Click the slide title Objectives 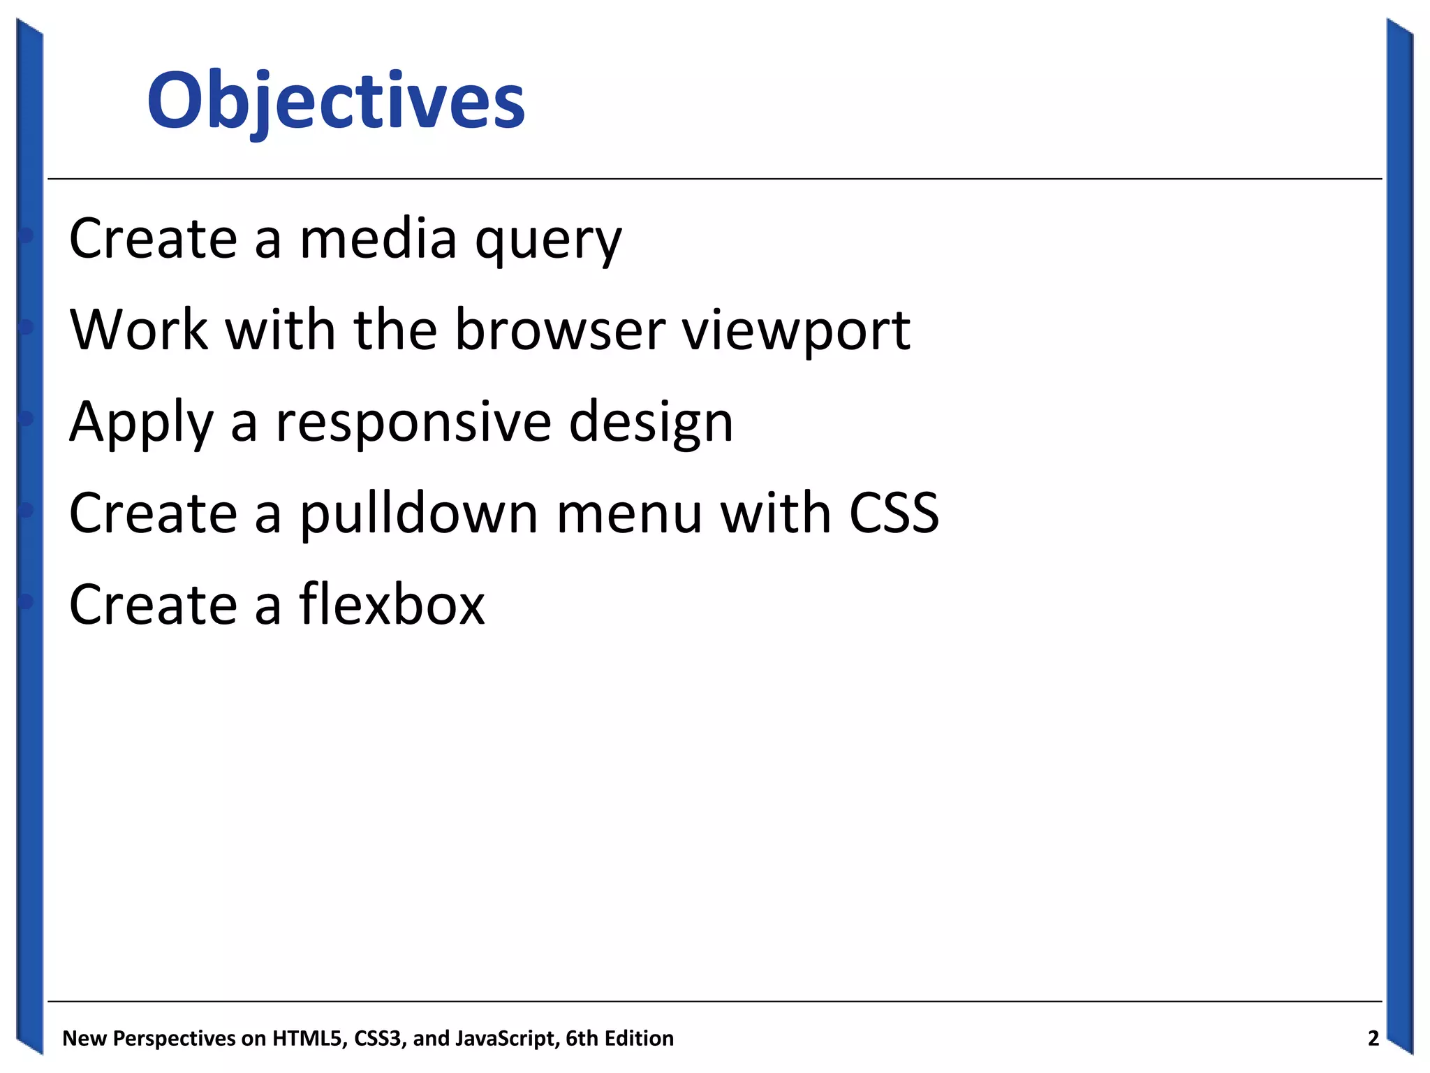point(335,101)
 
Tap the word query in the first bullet point(548,241)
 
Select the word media point(378,238)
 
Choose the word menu point(629,513)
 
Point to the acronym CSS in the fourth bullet point(894,513)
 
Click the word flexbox point(392,604)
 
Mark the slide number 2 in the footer point(1373,1039)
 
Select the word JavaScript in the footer point(506,1039)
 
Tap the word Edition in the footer point(639,1039)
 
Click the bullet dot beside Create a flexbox point(27,601)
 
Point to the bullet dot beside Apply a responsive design point(27,418)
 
